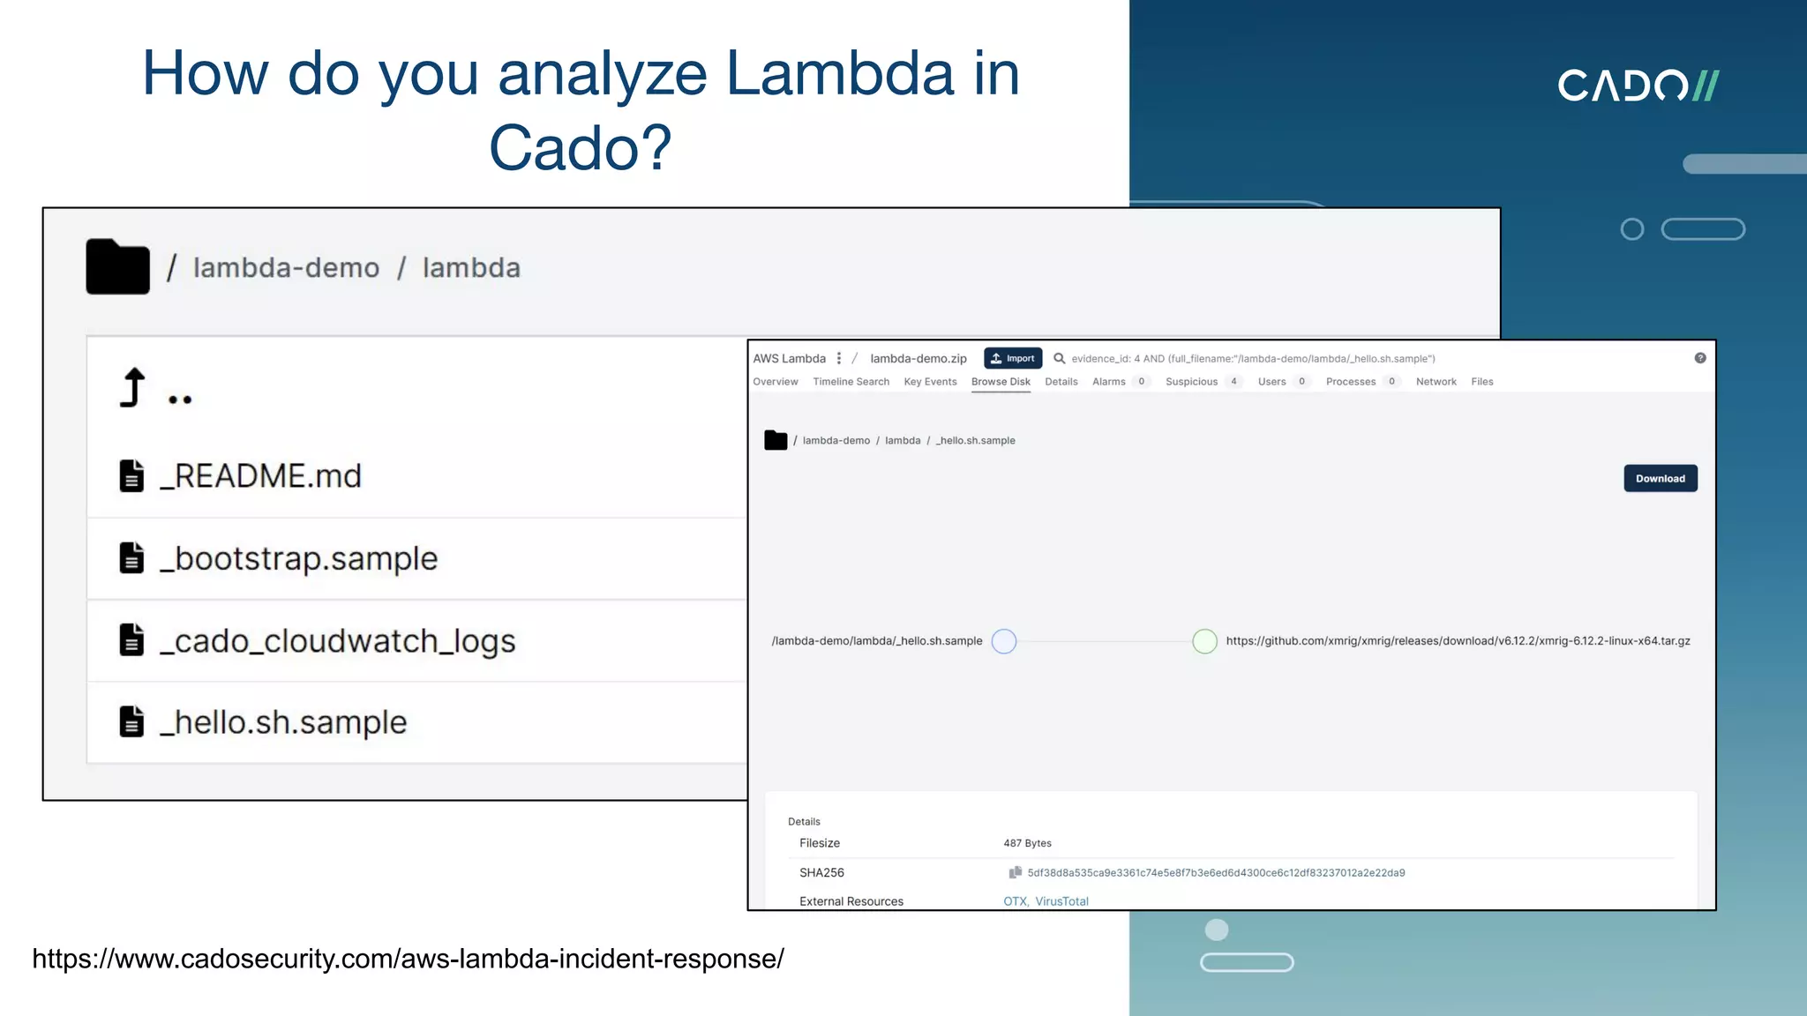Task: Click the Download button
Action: pyautogui.click(x=1660, y=478)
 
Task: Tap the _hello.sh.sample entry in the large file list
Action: pyautogui.click(x=283, y=722)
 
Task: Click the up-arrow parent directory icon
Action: pyautogui.click(x=132, y=388)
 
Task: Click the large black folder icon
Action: pyautogui.click(x=117, y=266)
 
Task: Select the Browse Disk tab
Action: pyautogui.click(x=1001, y=382)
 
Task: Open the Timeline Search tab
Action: pyautogui.click(x=851, y=382)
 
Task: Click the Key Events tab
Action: pyautogui.click(x=930, y=382)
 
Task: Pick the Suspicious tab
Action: pyautogui.click(x=1191, y=382)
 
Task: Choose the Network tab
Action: pyautogui.click(x=1436, y=382)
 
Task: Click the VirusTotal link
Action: pyautogui.click(x=1061, y=901)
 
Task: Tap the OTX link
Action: pyautogui.click(x=1015, y=901)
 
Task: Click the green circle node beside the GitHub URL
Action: pyautogui.click(x=1204, y=641)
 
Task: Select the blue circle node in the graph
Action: pyautogui.click(x=1004, y=641)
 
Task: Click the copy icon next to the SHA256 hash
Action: pyautogui.click(x=1015, y=872)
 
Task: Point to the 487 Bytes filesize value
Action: pyautogui.click(x=1027, y=843)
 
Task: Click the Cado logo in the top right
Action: pyautogui.click(x=1638, y=86)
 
